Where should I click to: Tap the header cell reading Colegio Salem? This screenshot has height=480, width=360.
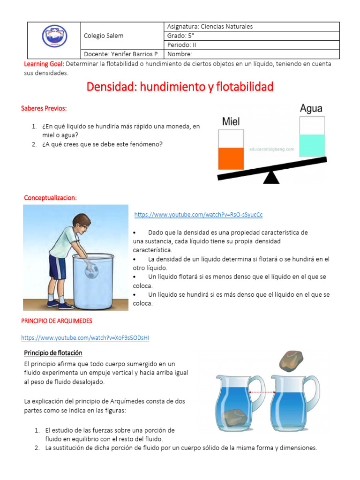click(x=104, y=36)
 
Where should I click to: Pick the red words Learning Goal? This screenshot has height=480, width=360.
click(x=44, y=64)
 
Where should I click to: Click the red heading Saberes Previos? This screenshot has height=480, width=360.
click(x=44, y=108)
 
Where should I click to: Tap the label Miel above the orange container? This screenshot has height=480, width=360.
click(x=231, y=122)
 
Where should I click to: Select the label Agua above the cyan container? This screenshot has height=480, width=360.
click(x=311, y=109)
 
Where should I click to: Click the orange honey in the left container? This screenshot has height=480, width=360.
click(x=231, y=158)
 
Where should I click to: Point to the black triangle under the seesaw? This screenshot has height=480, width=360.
click(x=270, y=177)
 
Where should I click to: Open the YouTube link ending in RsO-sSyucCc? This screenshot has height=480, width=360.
click(x=198, y=215)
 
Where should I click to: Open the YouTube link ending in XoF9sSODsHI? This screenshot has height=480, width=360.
click(x=85, y=337)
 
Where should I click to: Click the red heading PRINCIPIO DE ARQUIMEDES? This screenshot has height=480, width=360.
click(x=57, y=321)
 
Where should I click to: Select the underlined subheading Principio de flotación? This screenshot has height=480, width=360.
click(x=53, y=352)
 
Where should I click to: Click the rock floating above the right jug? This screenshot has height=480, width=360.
click(x=291, y=360)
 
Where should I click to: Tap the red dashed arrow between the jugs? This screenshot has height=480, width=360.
click(x=262, y=392)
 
